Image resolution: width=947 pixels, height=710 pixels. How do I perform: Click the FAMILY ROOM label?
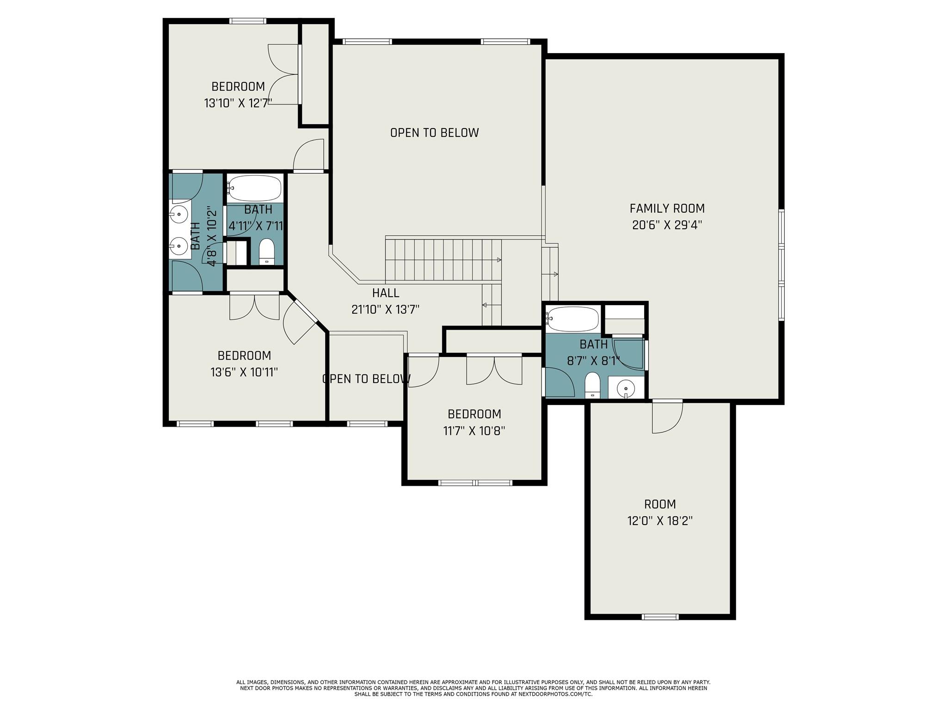pyautogui.click(x=667, y=208)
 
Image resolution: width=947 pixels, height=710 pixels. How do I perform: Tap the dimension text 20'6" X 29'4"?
pyautogui.click(x=667, y=225)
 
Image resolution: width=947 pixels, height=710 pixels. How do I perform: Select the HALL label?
pyautogui.click(x=386, y=293)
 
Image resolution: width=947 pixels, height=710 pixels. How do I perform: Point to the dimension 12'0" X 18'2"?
pyautogui.click(x=660, y=521)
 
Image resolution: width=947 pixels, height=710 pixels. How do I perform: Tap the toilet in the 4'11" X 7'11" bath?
pyautogui.click(x=267, y=252)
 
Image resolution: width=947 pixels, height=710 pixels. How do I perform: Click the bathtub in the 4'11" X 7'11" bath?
pyautogui.click(x=254, y=189)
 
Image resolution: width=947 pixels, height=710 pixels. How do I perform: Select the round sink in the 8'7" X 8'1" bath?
pyautogui.click(x=625, y=387)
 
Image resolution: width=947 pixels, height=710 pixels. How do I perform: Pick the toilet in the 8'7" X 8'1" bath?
pyautogui.click(x=592, y=386)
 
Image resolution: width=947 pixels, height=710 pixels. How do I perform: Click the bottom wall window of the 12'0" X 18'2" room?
pyautogui.click(x=660, y=617)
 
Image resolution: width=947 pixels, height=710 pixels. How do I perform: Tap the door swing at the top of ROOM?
pyautogui.click(x=667, y=417)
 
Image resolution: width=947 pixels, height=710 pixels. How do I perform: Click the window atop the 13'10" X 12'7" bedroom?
pyautogui.click(x=248, y=21)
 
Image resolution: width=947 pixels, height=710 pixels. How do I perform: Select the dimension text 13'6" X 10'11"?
pyautogui.click(x=244, y=372)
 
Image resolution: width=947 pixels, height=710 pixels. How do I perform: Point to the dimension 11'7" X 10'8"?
pyautogui.click(x=474, y=431)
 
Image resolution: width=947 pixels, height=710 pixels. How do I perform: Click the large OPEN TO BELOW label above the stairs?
pyautogui.click(x=434, y=133)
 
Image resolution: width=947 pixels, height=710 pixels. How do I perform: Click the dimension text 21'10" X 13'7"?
pyautogui.click(x=385, y=310)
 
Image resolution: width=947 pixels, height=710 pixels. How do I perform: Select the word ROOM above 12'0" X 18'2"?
pyautogui.click(x=660, y=504)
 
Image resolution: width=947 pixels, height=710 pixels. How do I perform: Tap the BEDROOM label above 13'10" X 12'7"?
pyautogui.click(x=238, y=86)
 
